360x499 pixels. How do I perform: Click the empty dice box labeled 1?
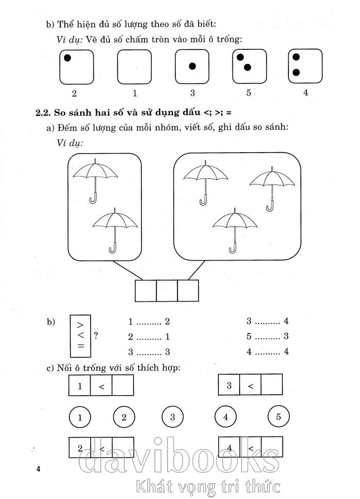tap(134, 66)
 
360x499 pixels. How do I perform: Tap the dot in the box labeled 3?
tap(192, 66)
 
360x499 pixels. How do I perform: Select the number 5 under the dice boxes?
tap(249, 94)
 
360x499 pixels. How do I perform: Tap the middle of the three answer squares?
tap(167, 290)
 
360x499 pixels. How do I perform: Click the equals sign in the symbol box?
tap(80, 346)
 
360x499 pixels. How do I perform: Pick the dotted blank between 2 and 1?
tap(148, 338)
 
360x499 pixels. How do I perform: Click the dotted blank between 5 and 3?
tap(266, 338)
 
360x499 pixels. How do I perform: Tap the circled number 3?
tap(173, 417)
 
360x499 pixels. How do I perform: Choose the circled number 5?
tap(278, 417)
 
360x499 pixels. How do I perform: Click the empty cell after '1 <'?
tap(122, 385)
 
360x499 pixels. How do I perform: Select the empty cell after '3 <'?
tap(272, 384)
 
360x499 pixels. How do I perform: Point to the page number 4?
tap(38, 469)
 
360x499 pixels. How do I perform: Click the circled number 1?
tap(80, 417)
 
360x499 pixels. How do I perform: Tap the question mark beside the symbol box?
tap(96, 336)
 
